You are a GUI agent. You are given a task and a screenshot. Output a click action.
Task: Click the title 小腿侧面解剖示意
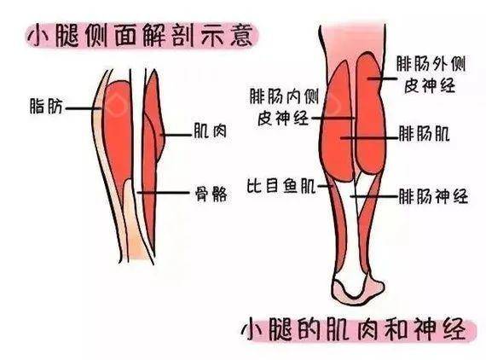[x=140, y=37]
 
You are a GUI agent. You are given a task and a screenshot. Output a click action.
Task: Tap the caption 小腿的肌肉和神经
[x=355, y=328]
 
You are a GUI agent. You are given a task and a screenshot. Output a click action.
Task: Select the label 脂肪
[x=46, y=106]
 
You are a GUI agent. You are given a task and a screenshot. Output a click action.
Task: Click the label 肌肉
[x=210, y=131]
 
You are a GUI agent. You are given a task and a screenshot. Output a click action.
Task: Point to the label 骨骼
[x=211, y=195]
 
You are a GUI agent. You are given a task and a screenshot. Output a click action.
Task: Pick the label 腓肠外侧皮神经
[x=431, y=75]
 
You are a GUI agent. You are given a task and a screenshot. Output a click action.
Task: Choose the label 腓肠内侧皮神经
[x=284, y=107]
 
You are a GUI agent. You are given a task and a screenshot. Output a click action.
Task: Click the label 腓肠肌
[x=424, y=134]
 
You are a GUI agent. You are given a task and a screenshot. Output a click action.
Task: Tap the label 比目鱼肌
[x=281, y=185]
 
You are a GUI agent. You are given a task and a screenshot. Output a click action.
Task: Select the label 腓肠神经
[x=433, y=196]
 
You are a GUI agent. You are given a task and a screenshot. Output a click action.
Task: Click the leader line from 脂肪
[x=84, y=108]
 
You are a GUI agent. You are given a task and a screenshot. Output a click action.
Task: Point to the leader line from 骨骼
[x=164, y=193]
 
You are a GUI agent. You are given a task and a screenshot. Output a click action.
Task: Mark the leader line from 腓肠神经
[x=374, y=196]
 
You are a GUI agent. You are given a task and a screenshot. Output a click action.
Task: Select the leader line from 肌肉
[x=176, y=135]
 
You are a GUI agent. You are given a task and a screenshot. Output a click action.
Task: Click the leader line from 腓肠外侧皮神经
[x=382, y=78]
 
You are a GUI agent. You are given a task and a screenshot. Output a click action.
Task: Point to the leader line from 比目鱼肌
[x=325, y=186]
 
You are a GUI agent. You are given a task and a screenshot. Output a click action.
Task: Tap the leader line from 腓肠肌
[x=369, y=137]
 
